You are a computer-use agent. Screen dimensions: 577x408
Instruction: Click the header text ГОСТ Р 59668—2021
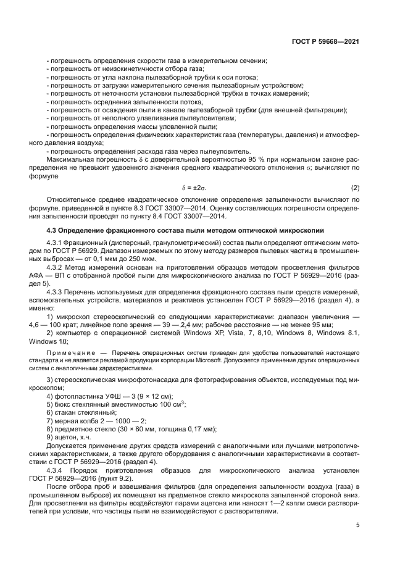[x=325, y=41]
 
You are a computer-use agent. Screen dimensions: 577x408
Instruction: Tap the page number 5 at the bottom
[x=358, y=525]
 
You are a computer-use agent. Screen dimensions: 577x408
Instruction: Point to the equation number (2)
[x=355, y=187]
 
